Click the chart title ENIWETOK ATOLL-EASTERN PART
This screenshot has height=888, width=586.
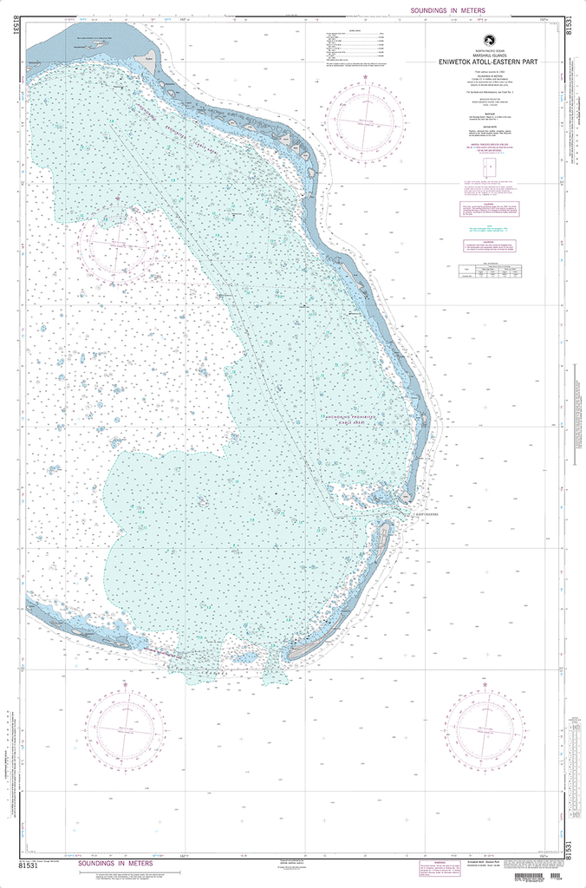tap(490, 61)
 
